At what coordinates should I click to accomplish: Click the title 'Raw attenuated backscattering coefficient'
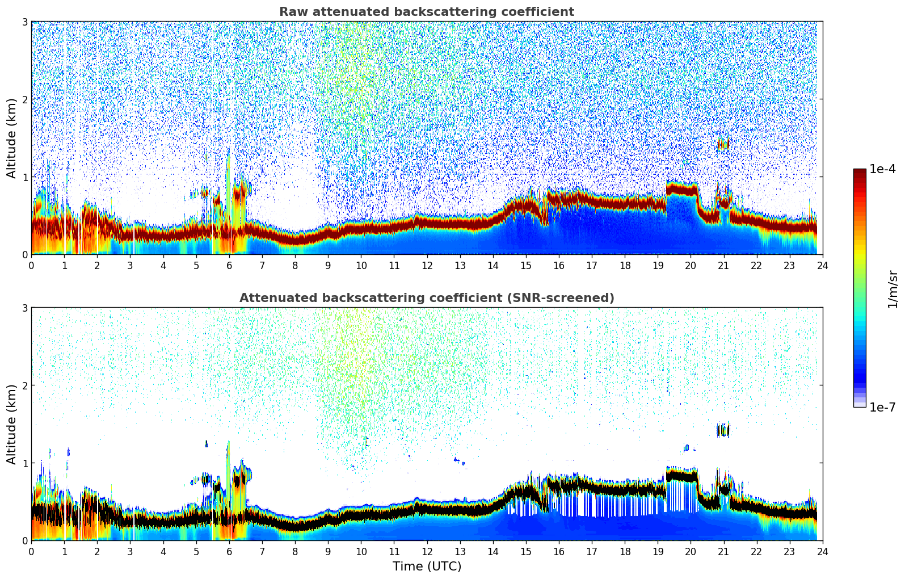pyautogui.click(x=426, y=12)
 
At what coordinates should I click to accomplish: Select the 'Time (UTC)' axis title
pyautogui.click(x=427, y=567)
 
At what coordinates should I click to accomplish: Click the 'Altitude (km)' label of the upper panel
pyautogui.click(x=11, y=138)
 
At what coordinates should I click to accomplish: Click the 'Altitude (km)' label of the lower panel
pyautogui.click(x=11, y=424)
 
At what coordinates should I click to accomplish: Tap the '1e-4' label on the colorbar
pyautogui.click(x=882, y=169)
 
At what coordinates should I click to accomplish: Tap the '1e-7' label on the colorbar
pyautogui.click(x=882, y=407)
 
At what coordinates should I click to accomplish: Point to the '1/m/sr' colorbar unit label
pyautogui.click(x=893, y=289)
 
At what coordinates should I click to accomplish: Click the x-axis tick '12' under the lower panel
pyautogui.click(x=427, y=551)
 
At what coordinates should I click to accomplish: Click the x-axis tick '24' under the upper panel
pyautogui.click(x=822, y=265)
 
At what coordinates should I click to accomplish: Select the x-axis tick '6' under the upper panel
pyautogui.click(x=229, y=265)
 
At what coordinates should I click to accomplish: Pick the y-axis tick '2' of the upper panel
pyautogui.click(x=25, y=99)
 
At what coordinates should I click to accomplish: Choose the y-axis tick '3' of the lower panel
pyautogui.click(x=25, y=308)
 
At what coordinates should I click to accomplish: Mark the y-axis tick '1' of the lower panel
pyautogui.click(x=25, y=463)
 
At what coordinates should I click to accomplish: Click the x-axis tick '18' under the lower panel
pyautogui.click(x=625, y=551)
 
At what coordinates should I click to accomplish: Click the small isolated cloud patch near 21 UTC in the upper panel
pyautogui.click(x=722, y=144)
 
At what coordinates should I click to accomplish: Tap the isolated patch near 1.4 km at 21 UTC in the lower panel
pyautogui.click(x=722, y=430)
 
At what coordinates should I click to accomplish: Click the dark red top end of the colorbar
pyautogui.click(x=859, y=173)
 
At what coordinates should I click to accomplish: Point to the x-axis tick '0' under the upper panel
pyautogui.click(x=31, y=265)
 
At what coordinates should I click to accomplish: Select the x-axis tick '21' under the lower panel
pyautogui.click(x=723, y=551)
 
